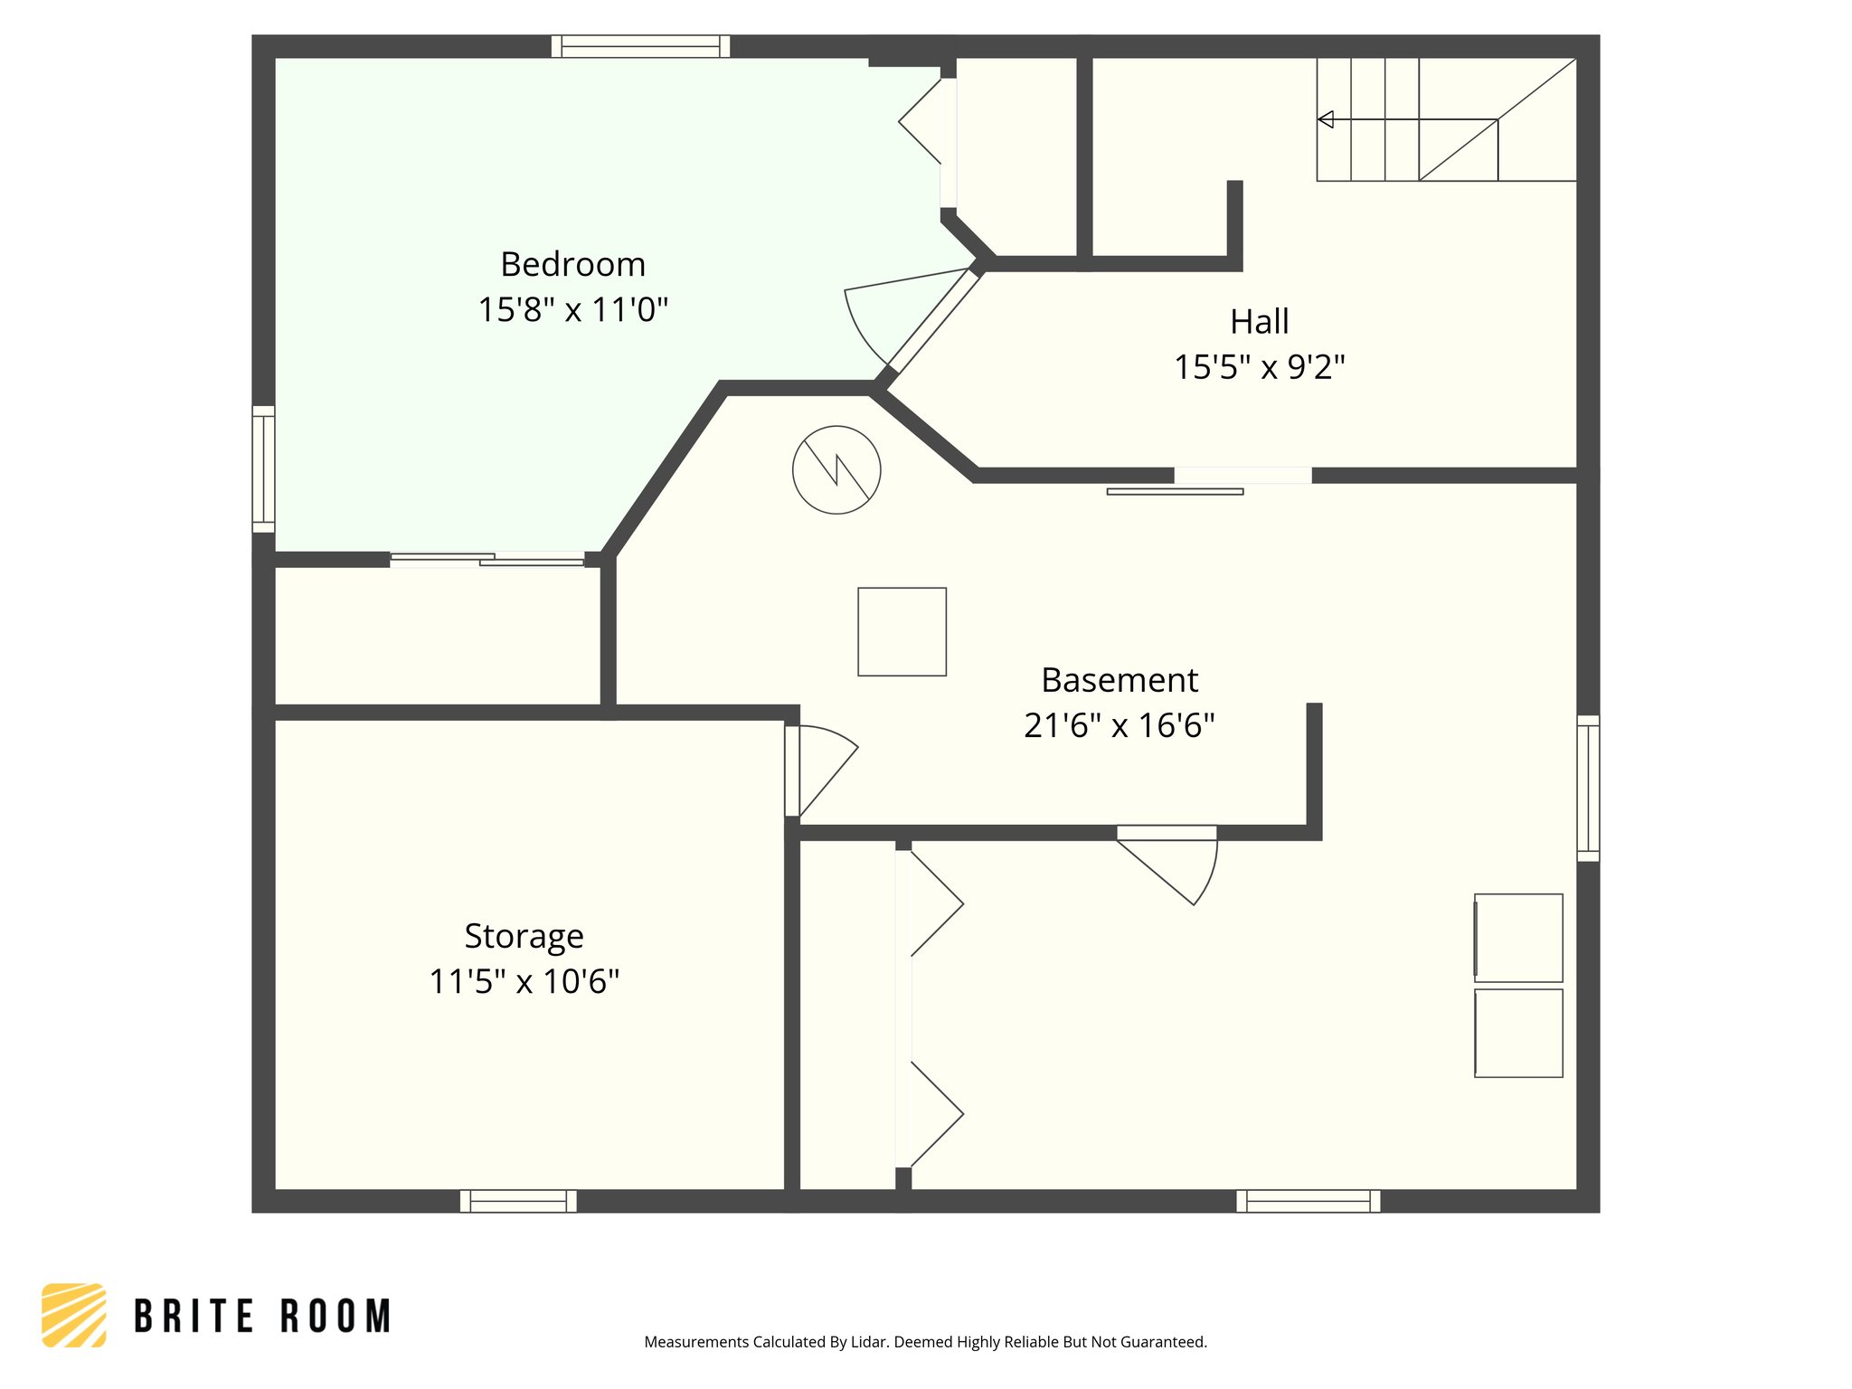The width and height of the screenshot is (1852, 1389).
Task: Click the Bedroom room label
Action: [x=572, y=265]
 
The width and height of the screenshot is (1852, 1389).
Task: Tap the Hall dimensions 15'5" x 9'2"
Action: [x=1259, y=368]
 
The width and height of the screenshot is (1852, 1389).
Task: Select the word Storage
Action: [x=524, y=936]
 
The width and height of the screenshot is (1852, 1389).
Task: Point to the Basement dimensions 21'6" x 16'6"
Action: [x=1119, y=726]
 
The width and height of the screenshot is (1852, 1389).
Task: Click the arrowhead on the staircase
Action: [x=1326, y=119]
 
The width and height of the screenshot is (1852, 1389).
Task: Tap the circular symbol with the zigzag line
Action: [x=836, y=470]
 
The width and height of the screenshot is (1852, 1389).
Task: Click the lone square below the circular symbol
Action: [x=902, y=631]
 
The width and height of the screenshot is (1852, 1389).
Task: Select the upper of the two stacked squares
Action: [x=1518, y=938]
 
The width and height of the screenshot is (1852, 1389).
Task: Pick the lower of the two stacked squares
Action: [x=1518, y=1033]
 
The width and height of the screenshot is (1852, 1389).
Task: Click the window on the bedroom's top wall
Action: [x=640, y=46]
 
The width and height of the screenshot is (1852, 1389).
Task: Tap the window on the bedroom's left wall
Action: [x=263, y=469]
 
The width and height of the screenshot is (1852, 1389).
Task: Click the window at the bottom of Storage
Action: [x=518, y=1201]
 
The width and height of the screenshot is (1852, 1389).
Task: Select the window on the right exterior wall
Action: [x=1588, y=788]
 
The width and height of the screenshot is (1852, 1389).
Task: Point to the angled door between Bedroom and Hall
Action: [x=934, y=320]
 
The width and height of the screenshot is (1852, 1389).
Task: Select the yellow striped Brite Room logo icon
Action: [x=74, y=1315]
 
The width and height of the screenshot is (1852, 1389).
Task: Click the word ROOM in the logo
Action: [x=335, y=1317]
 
